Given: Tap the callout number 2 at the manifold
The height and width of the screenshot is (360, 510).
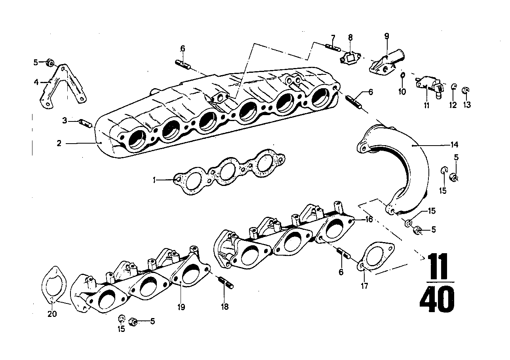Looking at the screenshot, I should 59,143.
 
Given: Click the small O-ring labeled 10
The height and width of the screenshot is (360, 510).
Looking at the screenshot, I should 402,75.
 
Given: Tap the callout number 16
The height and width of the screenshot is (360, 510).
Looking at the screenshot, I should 369,219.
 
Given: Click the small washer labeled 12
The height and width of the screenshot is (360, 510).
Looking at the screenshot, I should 454,87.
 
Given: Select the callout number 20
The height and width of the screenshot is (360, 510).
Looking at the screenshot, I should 52,315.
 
